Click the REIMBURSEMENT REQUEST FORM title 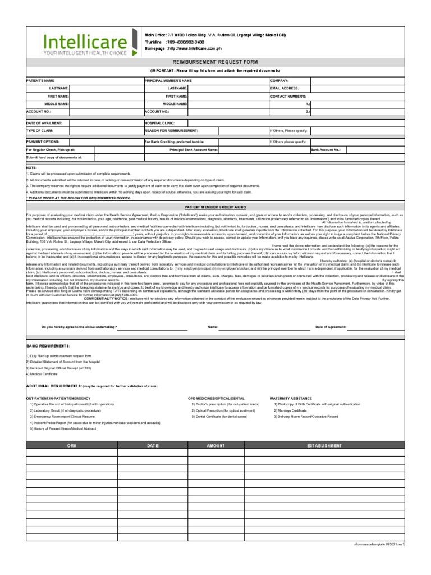tap(215, 62)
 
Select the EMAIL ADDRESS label tap(285, 88)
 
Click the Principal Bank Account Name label tap(194, 150)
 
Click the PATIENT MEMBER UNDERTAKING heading tap(215, 207)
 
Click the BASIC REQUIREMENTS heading tap(48, 346)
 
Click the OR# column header tap(71, 445)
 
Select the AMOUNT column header tap(215, 445)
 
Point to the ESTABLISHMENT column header tap(323, 445)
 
